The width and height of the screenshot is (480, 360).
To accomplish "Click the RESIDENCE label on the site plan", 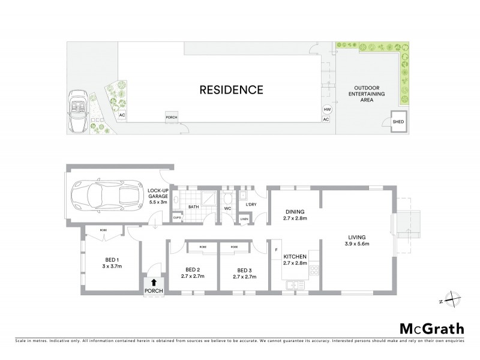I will tap(232, 91).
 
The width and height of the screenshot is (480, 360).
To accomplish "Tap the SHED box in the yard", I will tap(398, 122).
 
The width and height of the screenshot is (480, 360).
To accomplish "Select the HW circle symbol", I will tap(327, 110).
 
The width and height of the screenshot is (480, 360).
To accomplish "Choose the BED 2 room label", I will tap(193, 269).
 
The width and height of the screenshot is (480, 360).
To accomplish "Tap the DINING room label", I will tap(295, 212).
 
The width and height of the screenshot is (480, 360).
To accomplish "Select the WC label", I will tap(227, 208).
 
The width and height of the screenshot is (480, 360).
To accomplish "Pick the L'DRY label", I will tap(251, 205).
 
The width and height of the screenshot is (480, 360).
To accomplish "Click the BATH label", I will tap(193, 207).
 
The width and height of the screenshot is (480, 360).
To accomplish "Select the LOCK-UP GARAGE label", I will tap(159, 196).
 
